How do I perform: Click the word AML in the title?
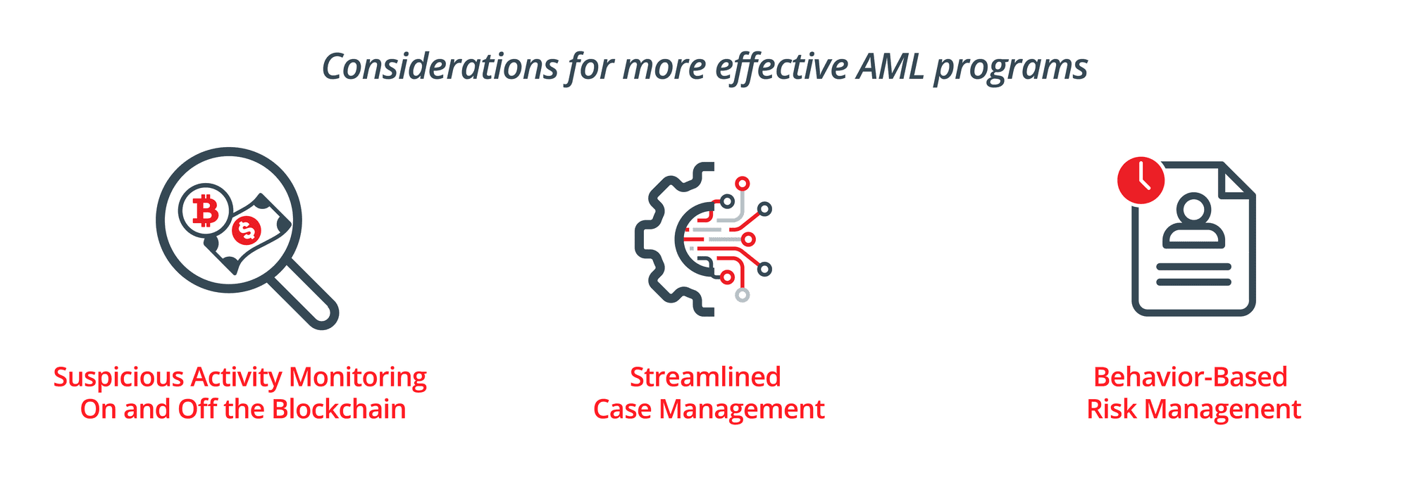[890, 67]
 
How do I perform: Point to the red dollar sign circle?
[247, 229]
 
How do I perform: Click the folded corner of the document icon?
[1237, 179]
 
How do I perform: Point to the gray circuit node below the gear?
[742, 295]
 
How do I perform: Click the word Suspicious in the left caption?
[118, 378]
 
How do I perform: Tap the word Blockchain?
[339, 409]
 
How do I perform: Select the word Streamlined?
[705, 377]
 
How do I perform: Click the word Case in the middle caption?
[622, 410]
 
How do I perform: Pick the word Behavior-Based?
[1191, 377]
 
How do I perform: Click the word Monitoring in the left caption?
[358, 378]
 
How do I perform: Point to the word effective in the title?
[782, 68]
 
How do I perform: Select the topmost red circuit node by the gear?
[742, 184]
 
